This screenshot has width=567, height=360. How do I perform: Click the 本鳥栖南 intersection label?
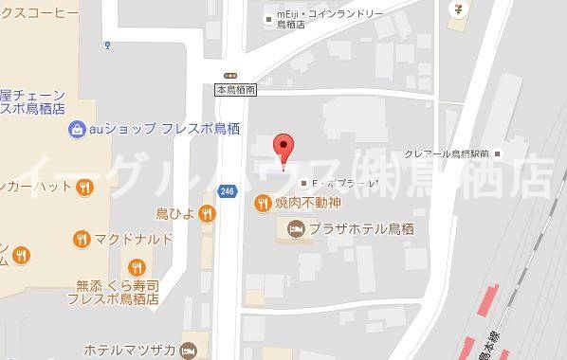(234, 90)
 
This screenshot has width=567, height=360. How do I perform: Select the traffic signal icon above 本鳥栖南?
(229, 76)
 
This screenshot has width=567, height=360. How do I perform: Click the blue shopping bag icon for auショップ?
(74, 130)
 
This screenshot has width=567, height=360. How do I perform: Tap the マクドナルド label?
(133, 237)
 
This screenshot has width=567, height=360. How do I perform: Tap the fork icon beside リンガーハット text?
(84, 186)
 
